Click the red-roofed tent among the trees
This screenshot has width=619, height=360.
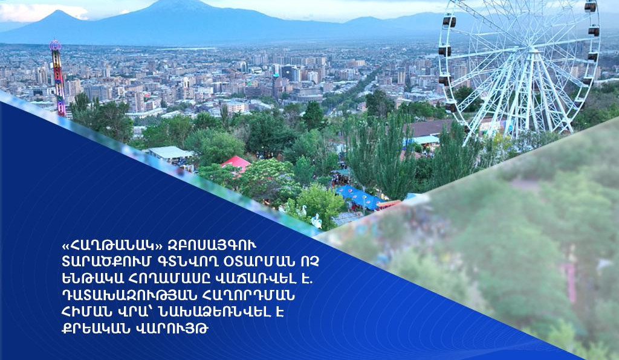(236, 162)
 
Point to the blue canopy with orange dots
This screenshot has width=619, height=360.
(359, 197)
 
